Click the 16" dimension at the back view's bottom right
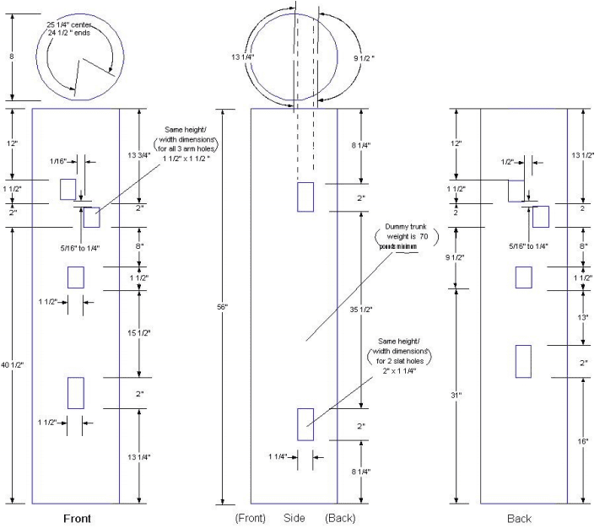click(584, 440)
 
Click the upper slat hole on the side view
click(305, 197)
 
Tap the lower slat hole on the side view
click(305, 424)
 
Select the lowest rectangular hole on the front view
click(76, 393)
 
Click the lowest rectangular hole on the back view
click(523, 361)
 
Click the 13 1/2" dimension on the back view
click(584, 154)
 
